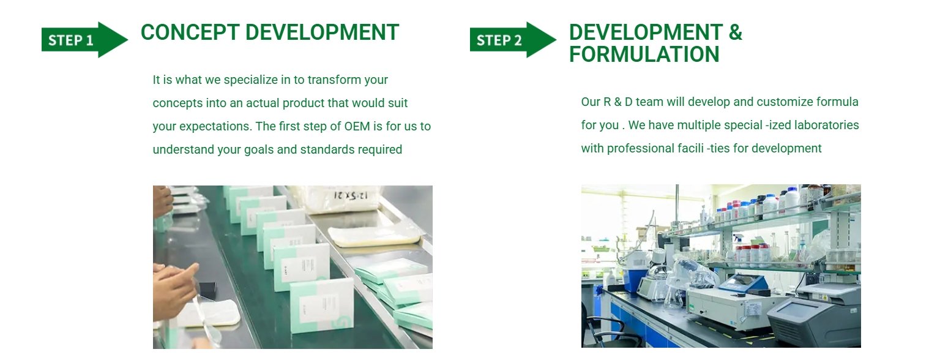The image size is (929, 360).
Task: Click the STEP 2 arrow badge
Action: (x=513, y=40)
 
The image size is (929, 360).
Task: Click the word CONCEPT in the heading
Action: (x=190, y=32)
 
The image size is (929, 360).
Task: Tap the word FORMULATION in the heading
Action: (x=644, y=54)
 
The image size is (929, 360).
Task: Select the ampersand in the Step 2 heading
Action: (x=736, y=32)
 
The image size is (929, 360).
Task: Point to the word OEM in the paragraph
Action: (x=357, y=126)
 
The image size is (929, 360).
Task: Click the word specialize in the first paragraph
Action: (x=251, y=80)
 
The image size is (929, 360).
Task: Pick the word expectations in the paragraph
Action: (x=215, y=127)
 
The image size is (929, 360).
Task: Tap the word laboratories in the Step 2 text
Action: (x=827, y=125)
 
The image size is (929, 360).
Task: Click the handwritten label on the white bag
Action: (x=351, y=195)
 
